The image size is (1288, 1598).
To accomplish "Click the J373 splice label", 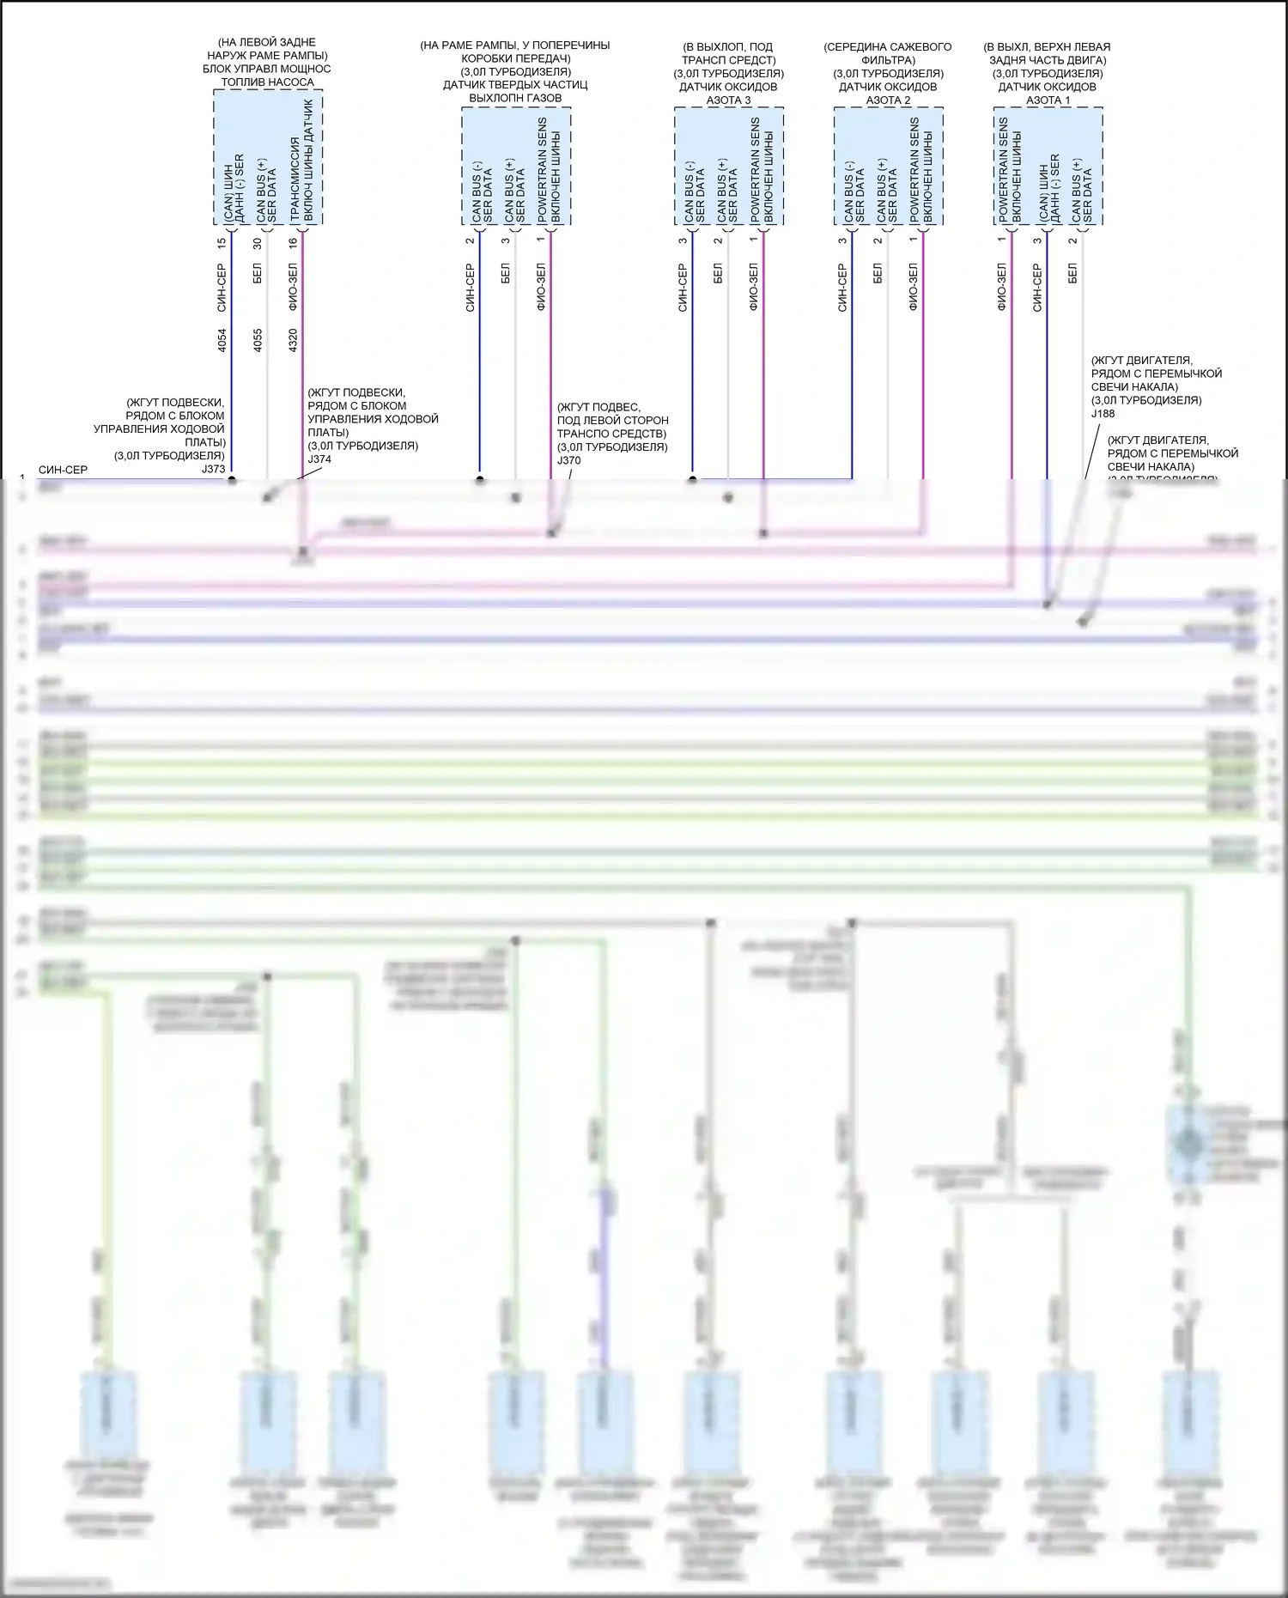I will point(213,469).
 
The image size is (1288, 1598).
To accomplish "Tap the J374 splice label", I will point(319,459).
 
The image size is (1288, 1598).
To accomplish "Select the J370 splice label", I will point(568,460).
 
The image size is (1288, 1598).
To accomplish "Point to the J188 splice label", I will point(1103,414).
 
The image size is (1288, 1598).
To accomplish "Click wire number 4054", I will point(222,340).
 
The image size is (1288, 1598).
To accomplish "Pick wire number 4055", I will point(258,340).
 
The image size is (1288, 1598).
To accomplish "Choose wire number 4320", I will point(293,340).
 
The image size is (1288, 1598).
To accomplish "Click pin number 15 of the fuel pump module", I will point(222,243).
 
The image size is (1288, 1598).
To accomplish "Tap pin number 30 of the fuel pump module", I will point(258,243).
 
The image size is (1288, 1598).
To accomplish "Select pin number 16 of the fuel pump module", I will point(293,243).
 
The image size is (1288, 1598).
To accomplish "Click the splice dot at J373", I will point(232,480).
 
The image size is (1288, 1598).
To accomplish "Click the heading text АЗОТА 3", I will point(728,100).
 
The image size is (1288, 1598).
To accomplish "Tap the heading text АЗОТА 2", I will point(888,100).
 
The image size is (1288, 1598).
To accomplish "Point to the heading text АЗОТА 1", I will point(1048,100).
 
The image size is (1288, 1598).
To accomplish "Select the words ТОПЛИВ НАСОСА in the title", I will point(267,82).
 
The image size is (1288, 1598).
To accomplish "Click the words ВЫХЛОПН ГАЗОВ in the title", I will point(515,98).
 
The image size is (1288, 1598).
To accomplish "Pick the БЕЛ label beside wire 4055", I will point(258,274).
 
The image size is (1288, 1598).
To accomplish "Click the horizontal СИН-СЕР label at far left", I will point(63,471).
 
